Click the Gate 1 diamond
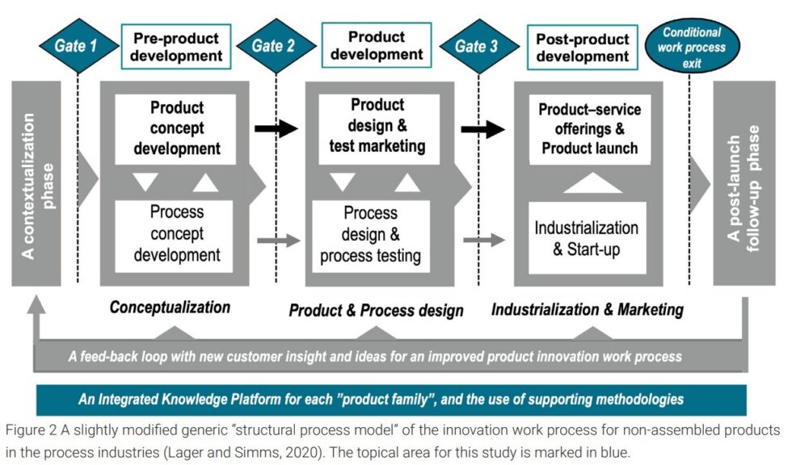pos(75,46)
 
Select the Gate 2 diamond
pos(273,46)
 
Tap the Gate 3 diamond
pos(476,46)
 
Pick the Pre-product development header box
pos(177,46)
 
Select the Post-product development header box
pos(582,46)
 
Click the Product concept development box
pos(176,128)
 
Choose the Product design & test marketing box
pos(377,126)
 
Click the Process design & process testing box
pos(371,235)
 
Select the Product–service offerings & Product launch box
pos(589,128)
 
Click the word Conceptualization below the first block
pos(170,307)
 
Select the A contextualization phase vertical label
pos(36,185)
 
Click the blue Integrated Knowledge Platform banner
pos(381,398)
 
